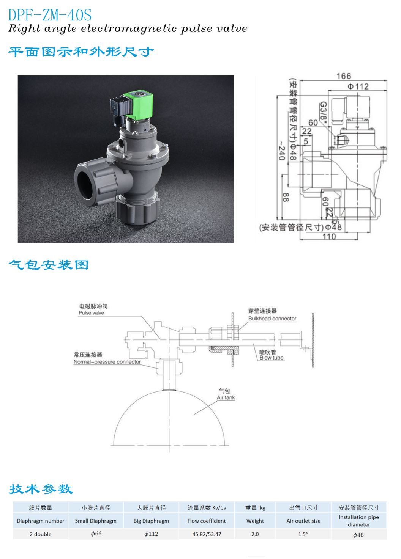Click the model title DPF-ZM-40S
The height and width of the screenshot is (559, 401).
pos(50,15)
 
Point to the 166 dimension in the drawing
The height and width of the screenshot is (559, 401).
pos(344,76)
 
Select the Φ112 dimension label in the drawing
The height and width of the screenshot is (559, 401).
pos(358,86)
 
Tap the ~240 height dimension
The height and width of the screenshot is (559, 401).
pos(282,151)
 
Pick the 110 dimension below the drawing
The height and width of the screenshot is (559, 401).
pos(329,236)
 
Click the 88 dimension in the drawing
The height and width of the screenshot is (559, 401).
pos(286,197)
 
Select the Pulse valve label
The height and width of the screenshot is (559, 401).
pos(92,313)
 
